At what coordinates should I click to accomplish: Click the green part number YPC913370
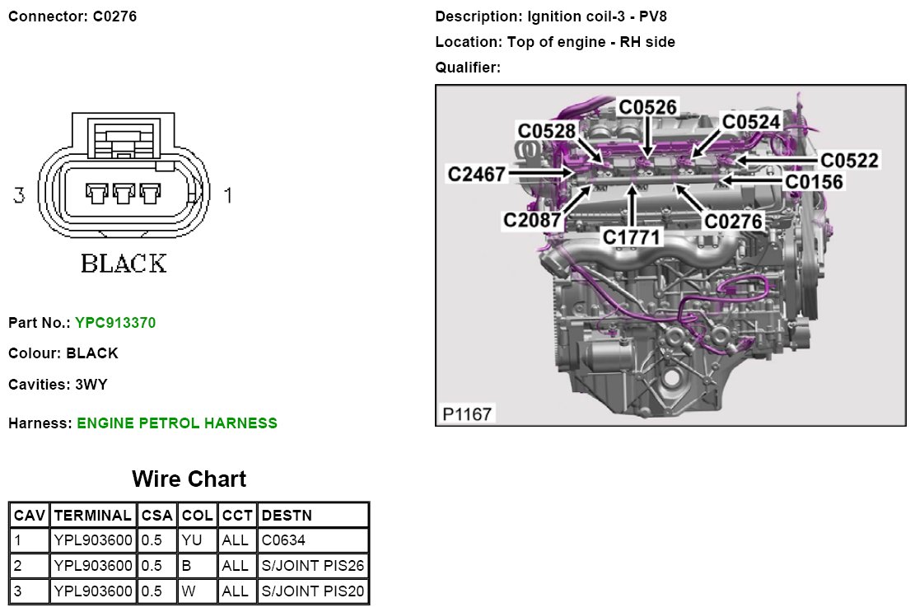pyautogui.click(x=115, y=323)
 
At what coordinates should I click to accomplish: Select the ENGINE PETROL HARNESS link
pyautogui.click(x=177, y=423)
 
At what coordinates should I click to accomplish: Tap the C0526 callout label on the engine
pyautogui.click(x=648, y=107)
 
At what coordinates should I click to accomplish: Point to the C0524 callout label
pyautogui.click(x=751, y=122)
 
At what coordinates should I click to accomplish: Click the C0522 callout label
pyautogui.click(x=850, y=160)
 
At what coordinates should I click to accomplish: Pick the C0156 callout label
pyautogui.click(x=815, y=181)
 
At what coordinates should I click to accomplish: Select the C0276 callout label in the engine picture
pyautogui.click(x=734, y=221)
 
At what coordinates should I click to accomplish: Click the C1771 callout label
pyautogui.click(x=633, y=236)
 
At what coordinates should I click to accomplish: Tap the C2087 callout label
pyautogui.click(x=533, y=220)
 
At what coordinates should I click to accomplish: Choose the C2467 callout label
pyautogui.click(x=477, y=174)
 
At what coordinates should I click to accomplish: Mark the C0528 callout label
pyautogui.click(x=547, y=131)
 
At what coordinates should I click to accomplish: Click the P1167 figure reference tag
pyautogui.click(x=467, y=413)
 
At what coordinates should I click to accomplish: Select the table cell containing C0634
pyautogui.click(x=313, y=541)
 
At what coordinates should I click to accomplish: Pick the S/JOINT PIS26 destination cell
pyautogui.click(x=313, y=567)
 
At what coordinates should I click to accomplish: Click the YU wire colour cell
pyautogui.click(x=198, y=541)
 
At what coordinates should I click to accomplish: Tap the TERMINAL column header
pyautogui.click(x=92, y=516)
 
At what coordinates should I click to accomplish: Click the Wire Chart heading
pyautogui.click(x=189, y=479)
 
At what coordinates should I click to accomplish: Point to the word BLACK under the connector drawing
pyautogui.click(x=124, y=264)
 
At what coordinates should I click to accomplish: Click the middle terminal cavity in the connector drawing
pyautogui.click(x=124, y=194)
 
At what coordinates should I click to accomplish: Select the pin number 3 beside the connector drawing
pyautogui.click(x=19, y=195)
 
